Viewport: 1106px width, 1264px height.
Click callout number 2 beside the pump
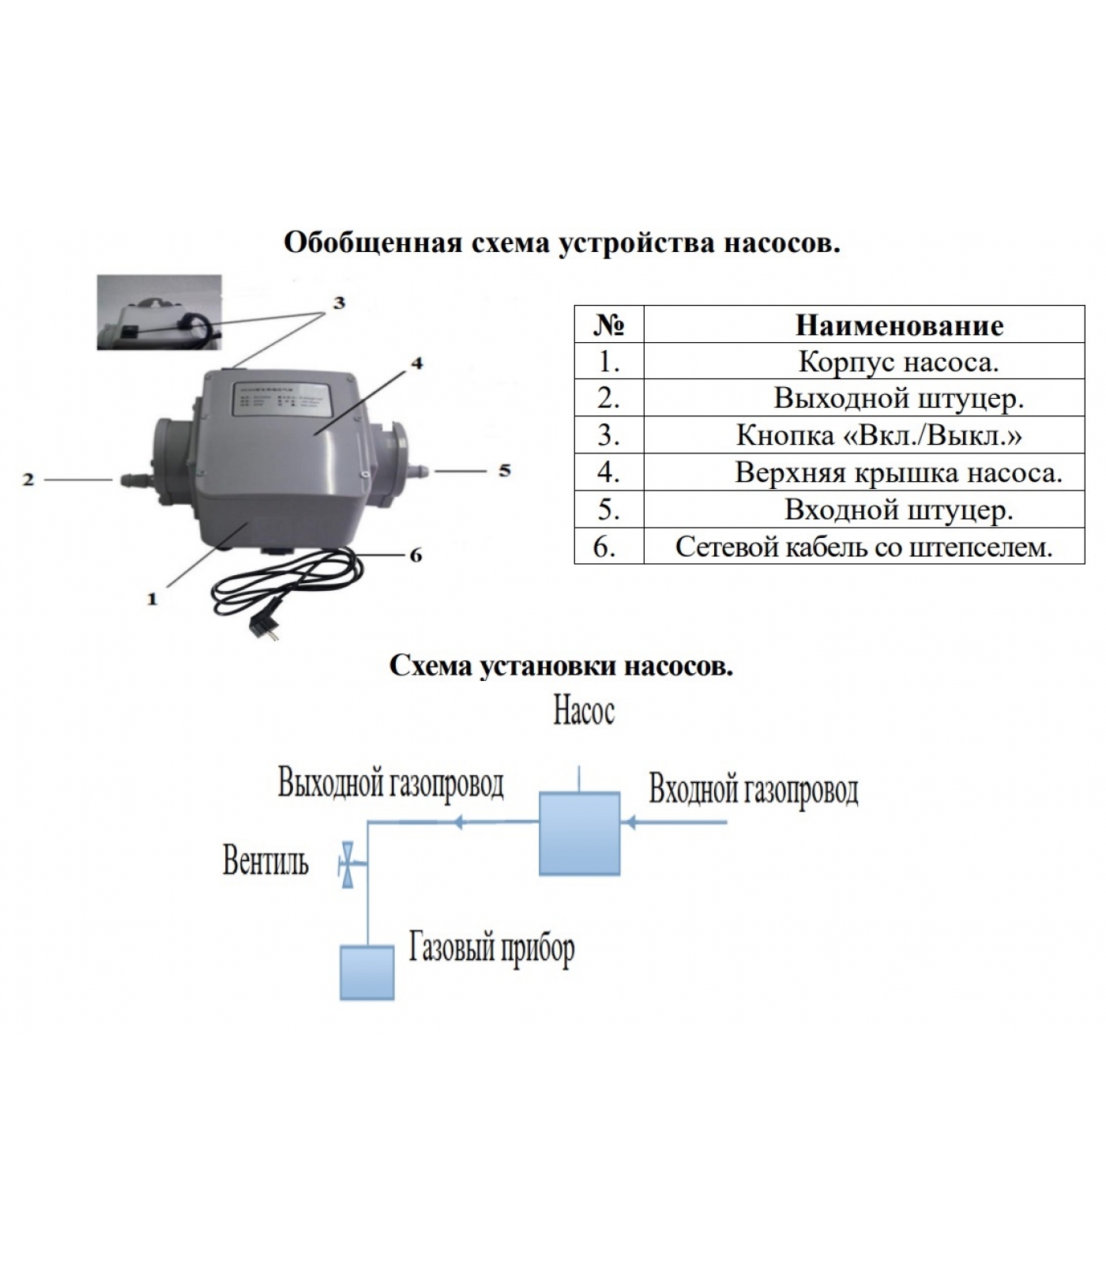click(x=28, y=479)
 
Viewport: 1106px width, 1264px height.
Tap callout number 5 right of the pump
click(x=504, y=471)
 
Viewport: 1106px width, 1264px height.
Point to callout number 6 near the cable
click(x=416, y=555)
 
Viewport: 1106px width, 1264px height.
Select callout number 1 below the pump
click(x=152, y=600)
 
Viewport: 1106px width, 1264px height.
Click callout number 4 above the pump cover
click(x=417, y=363)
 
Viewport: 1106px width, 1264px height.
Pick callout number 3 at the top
click(x=339, y=303)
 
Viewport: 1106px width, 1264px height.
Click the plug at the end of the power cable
click(x=260, y=626)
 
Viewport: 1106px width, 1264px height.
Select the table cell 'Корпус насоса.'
click(x=898, y=362)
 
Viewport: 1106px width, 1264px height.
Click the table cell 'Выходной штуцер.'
click(x=898, y=398)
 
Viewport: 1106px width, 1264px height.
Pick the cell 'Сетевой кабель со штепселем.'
click(x=863, y=547)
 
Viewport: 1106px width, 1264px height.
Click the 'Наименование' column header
click(x=899, y=325)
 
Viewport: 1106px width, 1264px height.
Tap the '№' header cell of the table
click(x=608, y=325)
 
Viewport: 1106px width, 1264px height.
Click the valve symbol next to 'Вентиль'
click(x=347, y=863)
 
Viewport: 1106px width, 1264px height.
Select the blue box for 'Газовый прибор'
click(x=367, y=972)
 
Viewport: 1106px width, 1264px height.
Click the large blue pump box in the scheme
click(x=579, y=833)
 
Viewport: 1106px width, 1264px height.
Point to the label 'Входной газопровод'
click(x=753, y=789)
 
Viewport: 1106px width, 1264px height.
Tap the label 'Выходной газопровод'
click(x=391, y=784)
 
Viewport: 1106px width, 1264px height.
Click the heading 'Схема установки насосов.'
click(x=561, y=666)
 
